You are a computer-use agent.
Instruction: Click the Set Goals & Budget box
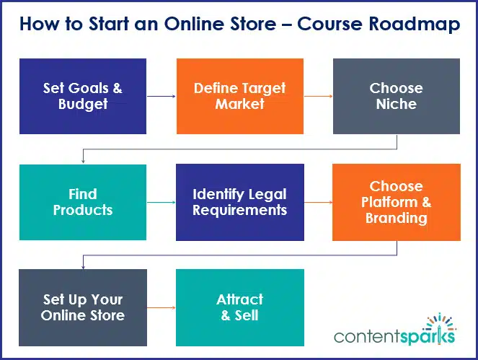pyautogui.click(x=82, y=96)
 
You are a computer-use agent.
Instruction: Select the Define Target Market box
pyautogui.click(x=239, y=96)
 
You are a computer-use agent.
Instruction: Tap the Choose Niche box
pyautogui.click(x=396, y=96)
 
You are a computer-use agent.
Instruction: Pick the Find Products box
pyautogui.click(x=82, y=202)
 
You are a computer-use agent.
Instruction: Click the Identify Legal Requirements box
pyautogui.click(x=239, y=202)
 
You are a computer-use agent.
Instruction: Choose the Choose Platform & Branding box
pyautogui.click(x=396, y=202)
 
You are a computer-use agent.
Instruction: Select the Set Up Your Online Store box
pyautogui.click(x=82, y=307)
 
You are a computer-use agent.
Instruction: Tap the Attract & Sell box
pyautogui.click(x=239, y=307)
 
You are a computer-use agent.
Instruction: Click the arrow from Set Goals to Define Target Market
pyautogui.click(x=161, y=96)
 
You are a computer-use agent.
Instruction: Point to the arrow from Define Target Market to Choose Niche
pyautogui.click(x=318, y=96)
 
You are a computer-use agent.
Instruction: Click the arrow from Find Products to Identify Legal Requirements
pyautogui.click(x=161, y=203)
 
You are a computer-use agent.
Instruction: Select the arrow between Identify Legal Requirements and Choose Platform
pyautogui.click(x=318, y=203)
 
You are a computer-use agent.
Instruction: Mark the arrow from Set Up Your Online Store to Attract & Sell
pyautogui.click(x=161, y=307)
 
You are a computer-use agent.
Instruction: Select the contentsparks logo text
pyautogui.click(x=394, y=337)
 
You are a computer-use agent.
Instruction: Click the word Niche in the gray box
pyautogui.click(x=396, y=104)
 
